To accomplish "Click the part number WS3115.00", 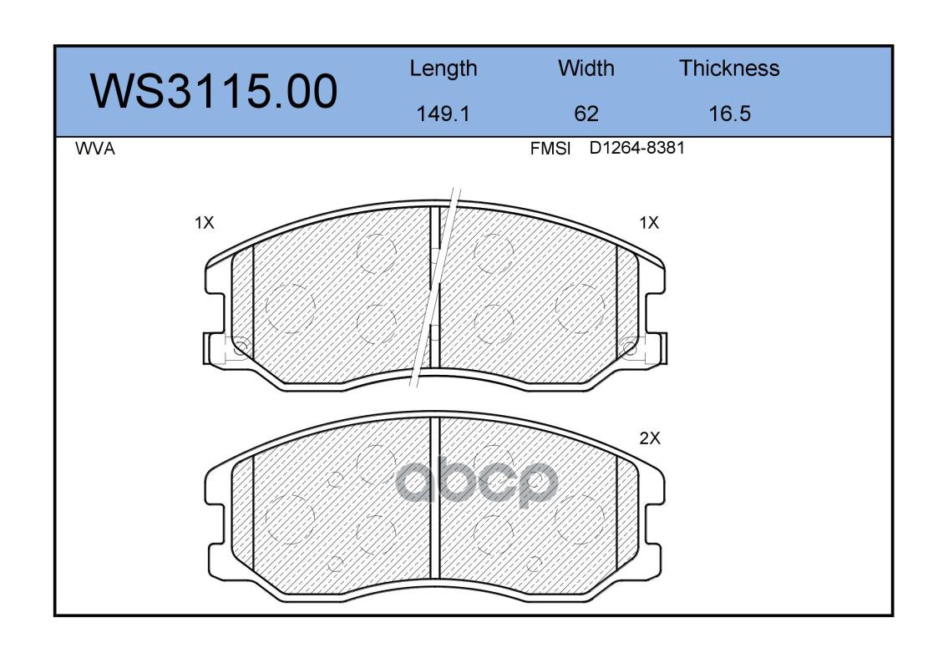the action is pos(214,91).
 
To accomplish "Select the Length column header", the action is pos(444,68).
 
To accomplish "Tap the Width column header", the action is pos(586,68).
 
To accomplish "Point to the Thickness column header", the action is pos(729,68).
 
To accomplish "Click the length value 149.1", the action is pos(444,114).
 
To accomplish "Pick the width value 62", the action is pos(586,114).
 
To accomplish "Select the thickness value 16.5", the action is pos(730,114).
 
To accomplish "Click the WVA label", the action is pos(95,149).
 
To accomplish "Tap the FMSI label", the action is pos(550,149).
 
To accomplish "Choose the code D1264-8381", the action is pos(637,148).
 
